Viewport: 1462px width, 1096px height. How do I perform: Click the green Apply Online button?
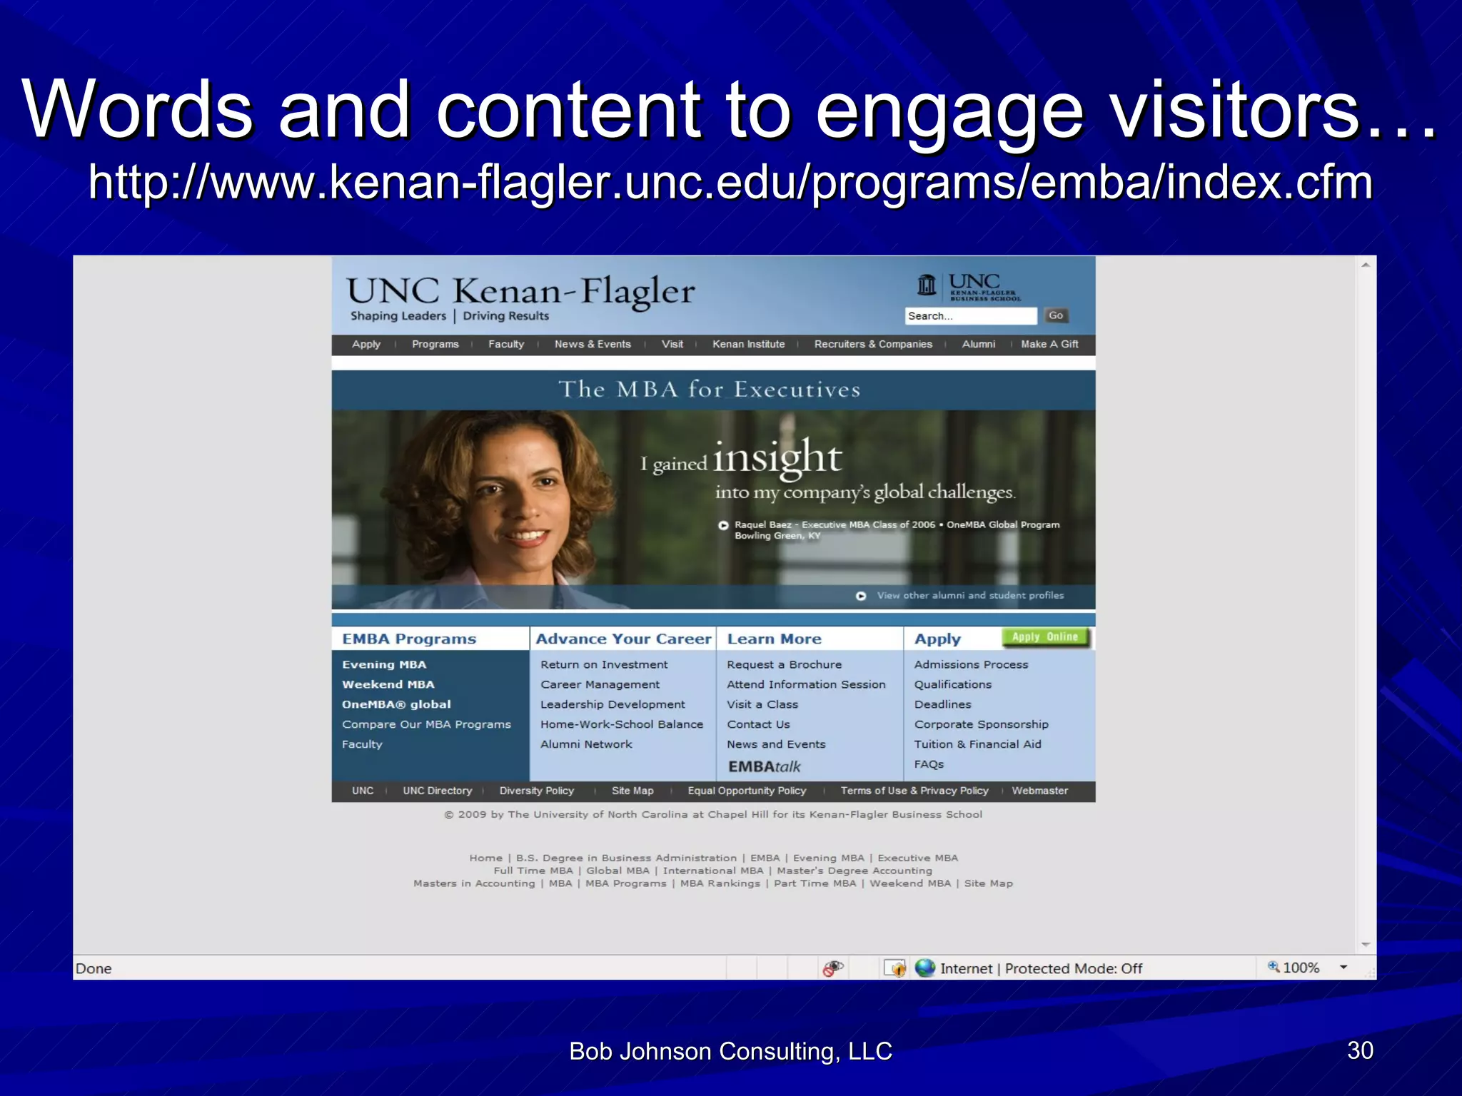(x=1045, y=636)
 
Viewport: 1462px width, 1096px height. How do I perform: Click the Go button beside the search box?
(x=1056, y=315)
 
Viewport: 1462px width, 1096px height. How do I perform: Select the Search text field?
(x=970, y=316)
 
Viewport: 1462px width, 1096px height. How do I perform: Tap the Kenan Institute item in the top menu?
(x=748, y=344)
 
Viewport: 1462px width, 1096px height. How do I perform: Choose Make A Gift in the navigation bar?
(x=1049, y=344)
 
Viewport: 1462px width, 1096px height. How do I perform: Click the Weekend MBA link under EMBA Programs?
(x=388, y=684)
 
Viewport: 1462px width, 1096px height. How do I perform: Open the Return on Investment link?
(x=604, y=664)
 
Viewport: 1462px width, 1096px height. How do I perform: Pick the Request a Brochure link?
(x=784, y=664)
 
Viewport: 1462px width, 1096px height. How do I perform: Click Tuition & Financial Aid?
(x=977, y=744)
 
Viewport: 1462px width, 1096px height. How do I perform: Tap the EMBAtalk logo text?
(x=764, y=766)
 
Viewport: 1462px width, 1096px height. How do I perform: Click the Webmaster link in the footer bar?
(x=1039, y=791)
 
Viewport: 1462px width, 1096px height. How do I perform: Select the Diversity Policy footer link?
(x=536, y=791)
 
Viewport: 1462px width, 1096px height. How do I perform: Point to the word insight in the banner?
(x=777, y=457)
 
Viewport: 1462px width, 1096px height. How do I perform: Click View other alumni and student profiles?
(x=969, y=595)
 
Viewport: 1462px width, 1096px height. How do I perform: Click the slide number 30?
(x=1360, y=1050)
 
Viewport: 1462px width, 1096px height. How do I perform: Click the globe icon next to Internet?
(x=925, y=968)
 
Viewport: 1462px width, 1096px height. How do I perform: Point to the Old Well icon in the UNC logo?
(x=927, y=285)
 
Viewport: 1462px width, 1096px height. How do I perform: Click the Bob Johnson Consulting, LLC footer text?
(x=730, y=1051)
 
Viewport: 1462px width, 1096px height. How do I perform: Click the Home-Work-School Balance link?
(x=621, y=724)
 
